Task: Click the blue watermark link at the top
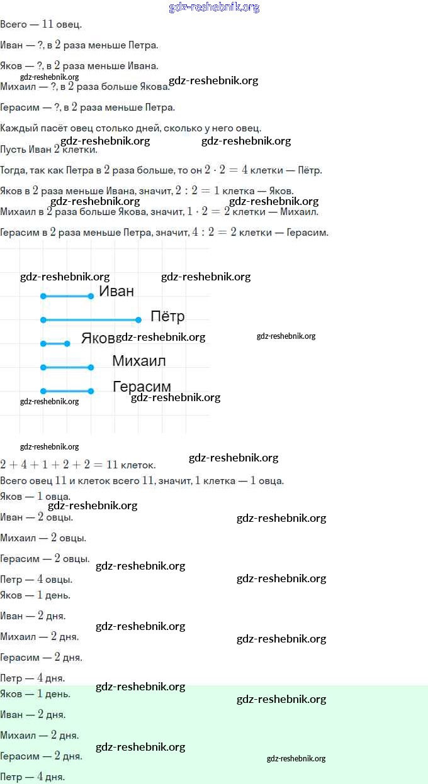[x=214, y=7]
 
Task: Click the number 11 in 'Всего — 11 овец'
[x=47, y=24]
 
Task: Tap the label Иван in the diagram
[x=116, y=291]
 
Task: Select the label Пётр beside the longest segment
[x=167, y=316]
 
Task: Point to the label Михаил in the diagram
[x=139, y=360]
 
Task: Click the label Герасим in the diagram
[x=142, y=387]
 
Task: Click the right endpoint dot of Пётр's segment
[x=138, y=319]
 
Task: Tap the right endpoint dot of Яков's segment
[x=67, y=344]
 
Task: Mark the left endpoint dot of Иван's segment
[x=43, y=296]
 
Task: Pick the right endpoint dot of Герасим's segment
[x=91, y=391]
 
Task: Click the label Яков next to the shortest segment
[x=98, y=338]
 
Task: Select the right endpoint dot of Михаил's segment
[x=91, y=367]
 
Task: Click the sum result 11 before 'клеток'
[x=112, y=465]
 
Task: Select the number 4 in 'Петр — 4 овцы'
[x=40, y=579]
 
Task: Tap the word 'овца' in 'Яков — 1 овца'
[x=58, y=496]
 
